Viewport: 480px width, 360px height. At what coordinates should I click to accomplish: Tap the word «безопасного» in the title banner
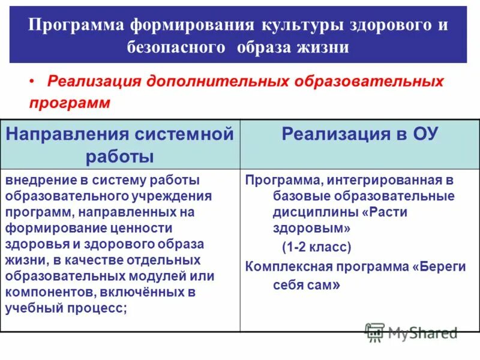coord(170,47)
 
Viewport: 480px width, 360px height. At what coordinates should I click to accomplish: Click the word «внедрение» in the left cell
coord(35,180)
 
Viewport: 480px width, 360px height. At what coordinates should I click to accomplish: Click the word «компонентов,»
coord(49,293)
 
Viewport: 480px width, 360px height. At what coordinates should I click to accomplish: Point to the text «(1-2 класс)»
coord(317,247)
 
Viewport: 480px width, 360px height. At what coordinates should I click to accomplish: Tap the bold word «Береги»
coord(442,266)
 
